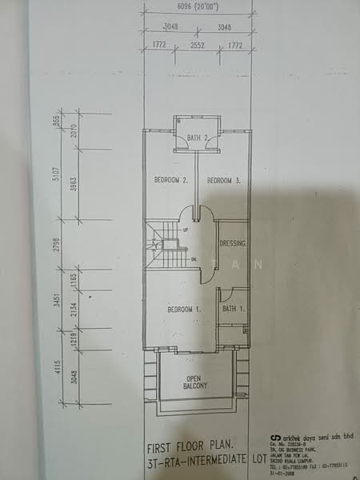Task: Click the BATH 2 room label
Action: coord(197,138)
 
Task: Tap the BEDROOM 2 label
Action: coord(170,181)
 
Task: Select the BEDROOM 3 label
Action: coord(224,181)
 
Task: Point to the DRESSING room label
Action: coord(232,242)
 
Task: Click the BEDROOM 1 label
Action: coord(182,309)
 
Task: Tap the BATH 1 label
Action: coord(232,309)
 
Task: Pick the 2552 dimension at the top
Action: coord(196,46)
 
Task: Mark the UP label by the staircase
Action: coord(186,229)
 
